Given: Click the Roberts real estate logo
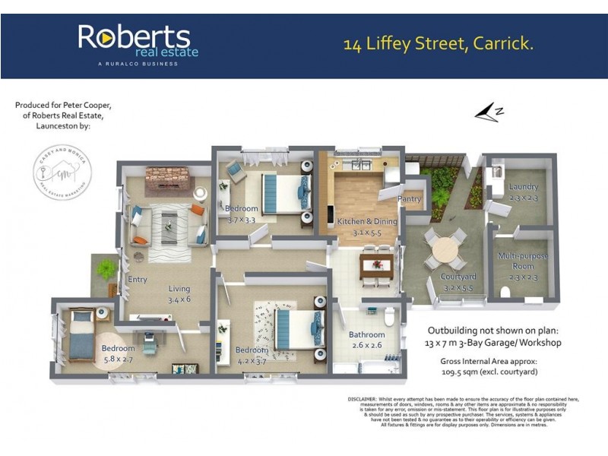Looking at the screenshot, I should click(x=138, y=43).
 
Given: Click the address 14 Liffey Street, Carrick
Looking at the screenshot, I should click(x=439, y=43).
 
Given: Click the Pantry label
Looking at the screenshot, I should click(x=409, y=200).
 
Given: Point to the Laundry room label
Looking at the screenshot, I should click(x=524, y=186).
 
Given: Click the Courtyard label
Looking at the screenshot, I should click(x=458, y=277).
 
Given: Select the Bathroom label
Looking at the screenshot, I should click(x=366, y=334).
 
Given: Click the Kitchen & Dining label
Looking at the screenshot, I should click(x=362, y=221).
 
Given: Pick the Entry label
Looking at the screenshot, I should click(x=138, y=280).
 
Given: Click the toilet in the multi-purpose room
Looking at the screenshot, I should click(x=505, y=292).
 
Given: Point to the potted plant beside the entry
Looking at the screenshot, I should click(x=106, y=268).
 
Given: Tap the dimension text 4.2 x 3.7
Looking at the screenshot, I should click(x=252, y=359).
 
